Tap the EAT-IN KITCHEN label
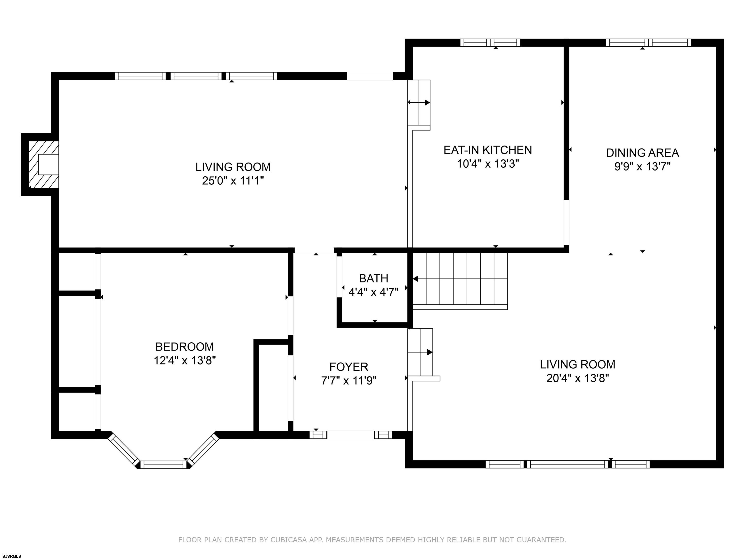(488, 150)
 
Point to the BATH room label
(373, 278)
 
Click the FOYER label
(348, 367)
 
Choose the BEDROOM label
(185, 347)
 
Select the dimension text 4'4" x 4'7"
(373, 292)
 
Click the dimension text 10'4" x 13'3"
(488, 164)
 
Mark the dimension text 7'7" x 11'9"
(348, 380)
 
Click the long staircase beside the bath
(460, 281)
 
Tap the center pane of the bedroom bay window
(163, 465)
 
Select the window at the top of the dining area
(648, 43)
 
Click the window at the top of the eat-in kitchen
(490, 43)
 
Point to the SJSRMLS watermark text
(12, 556)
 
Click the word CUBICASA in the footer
(289, 540)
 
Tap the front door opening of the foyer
(351, 435)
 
